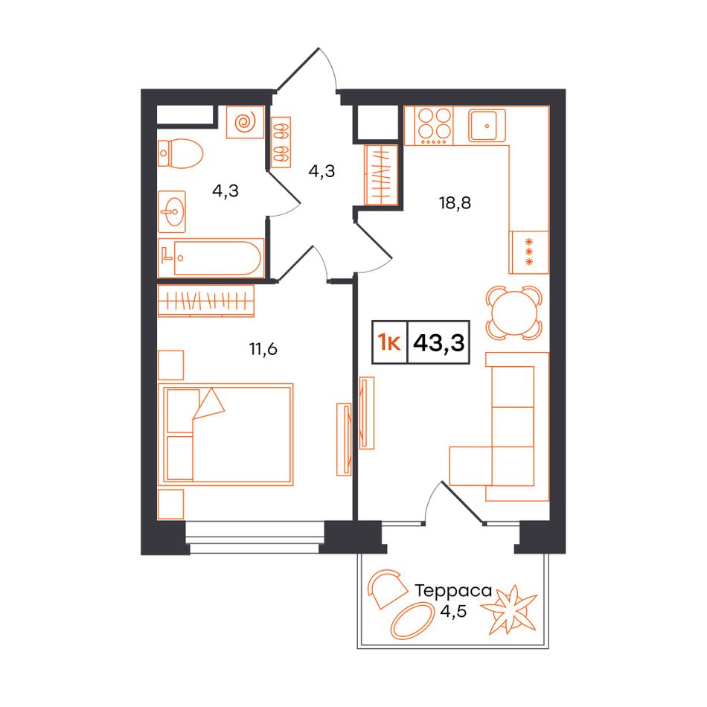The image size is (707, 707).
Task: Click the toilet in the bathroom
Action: tap(180, 153)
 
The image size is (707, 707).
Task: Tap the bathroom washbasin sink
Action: tap(172, 211)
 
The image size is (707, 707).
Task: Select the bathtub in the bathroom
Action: tap(211, 258)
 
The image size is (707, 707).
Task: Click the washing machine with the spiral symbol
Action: tap(245, 122)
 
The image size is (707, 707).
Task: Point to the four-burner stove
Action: tap(429, 125)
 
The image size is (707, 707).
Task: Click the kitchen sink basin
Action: tap(487, 125)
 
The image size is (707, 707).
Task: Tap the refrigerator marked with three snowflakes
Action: tap(529, 252)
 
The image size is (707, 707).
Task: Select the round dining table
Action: tap(514, 313)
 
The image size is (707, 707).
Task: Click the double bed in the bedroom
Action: tap(225, 434)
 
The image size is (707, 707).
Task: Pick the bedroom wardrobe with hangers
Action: tap(206, 301)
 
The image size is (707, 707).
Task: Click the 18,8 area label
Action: tap(455, 203)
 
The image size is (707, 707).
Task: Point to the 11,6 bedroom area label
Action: tap(263, 348)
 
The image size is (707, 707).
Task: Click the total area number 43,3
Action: tap(439, 342)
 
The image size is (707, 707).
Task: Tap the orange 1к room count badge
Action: tap(389, 343)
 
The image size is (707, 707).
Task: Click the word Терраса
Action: tap(453, 591)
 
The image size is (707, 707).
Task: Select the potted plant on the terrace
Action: tap(509, 610)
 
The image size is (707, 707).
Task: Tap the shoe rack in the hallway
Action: tap(281, 142)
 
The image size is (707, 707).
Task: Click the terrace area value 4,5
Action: tap(453, 612)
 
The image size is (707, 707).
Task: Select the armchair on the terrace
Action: tap(386, 589)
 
